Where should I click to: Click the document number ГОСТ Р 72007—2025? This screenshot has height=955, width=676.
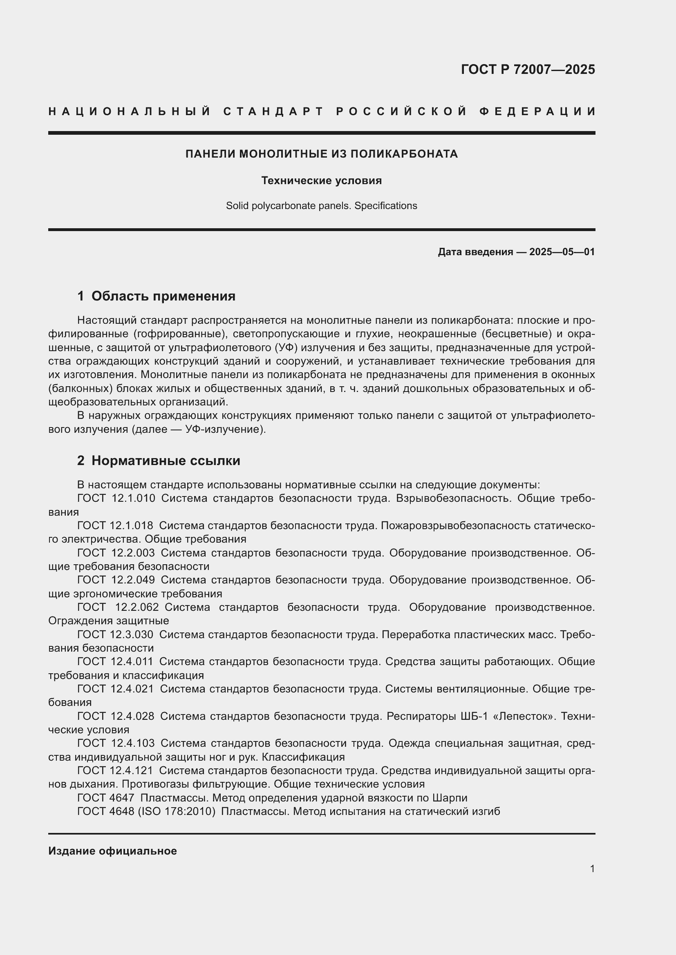tap(527, 69)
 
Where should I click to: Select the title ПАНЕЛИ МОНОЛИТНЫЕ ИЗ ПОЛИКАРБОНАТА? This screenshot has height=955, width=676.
tap(321, 154)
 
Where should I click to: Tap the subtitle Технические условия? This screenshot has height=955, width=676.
tap(321, 180)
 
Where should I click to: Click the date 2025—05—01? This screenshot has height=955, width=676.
tap(562, 252)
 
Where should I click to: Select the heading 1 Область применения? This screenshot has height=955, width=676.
tap(156, 296)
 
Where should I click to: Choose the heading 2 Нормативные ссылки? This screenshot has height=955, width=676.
tap(159, 461)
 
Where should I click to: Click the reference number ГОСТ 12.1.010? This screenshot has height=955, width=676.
tap(116, 498)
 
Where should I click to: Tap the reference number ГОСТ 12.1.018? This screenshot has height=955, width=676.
tap(115, 526)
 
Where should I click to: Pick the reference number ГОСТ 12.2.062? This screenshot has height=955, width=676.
tap(118, 607)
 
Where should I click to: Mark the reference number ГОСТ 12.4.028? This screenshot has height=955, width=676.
tap(115, 716)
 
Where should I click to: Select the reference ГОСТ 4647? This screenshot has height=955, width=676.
tap(106, 798)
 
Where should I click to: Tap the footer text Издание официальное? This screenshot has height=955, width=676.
tap(112, 851)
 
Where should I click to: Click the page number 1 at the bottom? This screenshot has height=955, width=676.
tap(592, 869)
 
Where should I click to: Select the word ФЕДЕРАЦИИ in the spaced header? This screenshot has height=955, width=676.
tap(537, 111)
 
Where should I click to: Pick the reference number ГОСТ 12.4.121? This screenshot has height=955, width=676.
tap(115, 771)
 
